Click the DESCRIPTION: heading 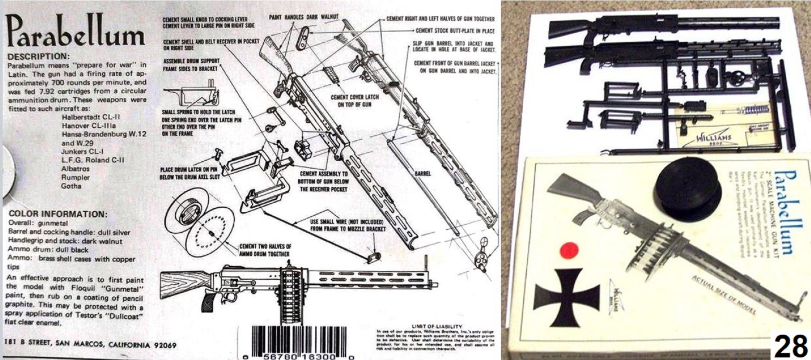click(39, 57)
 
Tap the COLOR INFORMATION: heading click(58, 214)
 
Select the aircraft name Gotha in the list click(71, 186)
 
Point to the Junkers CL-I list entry click(83, 152)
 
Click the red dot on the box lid click(569, 250)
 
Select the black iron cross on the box click(562, 297)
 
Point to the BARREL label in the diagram click(423, 173)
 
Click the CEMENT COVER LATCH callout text click(354, 101)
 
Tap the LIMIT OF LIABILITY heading click(436, 326)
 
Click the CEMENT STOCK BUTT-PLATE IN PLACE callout click(455, 31)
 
